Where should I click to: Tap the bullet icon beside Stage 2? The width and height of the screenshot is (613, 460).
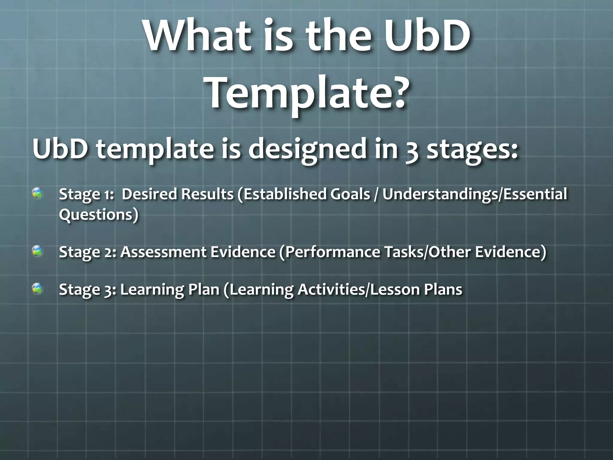(x=38, y=251)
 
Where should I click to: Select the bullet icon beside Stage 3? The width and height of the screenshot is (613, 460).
(x=38, y=289)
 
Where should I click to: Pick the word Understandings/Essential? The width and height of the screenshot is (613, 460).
(x=474, y=194)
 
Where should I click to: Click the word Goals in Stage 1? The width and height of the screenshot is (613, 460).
(x=350, y=194)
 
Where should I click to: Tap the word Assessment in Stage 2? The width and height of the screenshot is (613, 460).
(x=163, y=252)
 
